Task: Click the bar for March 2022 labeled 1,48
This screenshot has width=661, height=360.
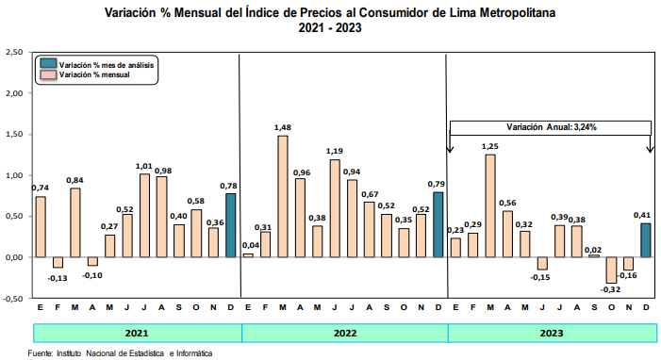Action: pyautogui.click(x=283, y=196)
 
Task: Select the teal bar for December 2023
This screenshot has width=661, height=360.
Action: pyautogui.click(x=646, y=240)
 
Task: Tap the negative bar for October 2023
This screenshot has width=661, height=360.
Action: pyautogui.click(x=611, y=270)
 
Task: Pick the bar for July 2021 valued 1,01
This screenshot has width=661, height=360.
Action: pyautogui.click(x=144, y=216)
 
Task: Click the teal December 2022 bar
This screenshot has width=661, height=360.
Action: pyautogui.click(x=438, y=224)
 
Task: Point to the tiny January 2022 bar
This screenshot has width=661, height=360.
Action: pyautogui.click(x=248, y=255)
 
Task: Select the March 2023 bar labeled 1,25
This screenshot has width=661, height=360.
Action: pyautogui.click(x=490, y=205)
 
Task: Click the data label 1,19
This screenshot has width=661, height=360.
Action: pyautogui.click(x=335, y=151)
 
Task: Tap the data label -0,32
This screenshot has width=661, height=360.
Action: pyautogui.click(x=610, y=289)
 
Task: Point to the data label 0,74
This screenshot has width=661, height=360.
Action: pyautogui.click(x=40, y=188)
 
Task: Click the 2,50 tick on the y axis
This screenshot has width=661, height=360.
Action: pyautogui.click(x=14, y=52)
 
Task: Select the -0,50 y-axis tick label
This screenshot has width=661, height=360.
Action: pyautogui.click(x=13, y=299)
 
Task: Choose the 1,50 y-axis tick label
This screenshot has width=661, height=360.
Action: pyautogui.click(x=14, y=135)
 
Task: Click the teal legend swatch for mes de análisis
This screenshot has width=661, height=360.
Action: pyautogui.click(x=48, y=63)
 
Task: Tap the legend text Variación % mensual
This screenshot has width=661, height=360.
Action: pyautogui.click(x=94, y=75)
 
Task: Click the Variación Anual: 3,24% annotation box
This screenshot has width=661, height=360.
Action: pyautogui.click(x=551, y=128)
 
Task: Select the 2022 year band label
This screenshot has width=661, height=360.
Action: pyautogui.click(x=345, y=334)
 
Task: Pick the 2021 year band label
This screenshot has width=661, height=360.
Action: pyautogui.click(x=137, y=334)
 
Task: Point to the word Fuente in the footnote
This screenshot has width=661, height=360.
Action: pyautogui.click(x=40, y=353)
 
